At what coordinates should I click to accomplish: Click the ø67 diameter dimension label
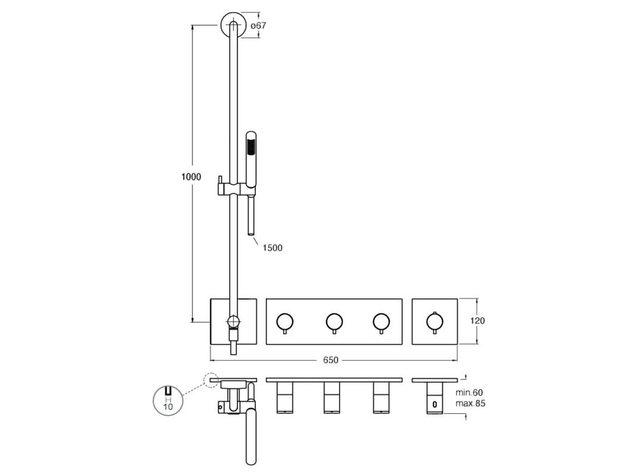point(258,25)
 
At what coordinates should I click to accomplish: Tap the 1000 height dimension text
point(191,177)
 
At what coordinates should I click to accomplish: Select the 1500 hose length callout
point(273,248)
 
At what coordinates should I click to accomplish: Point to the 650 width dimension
point(331,360)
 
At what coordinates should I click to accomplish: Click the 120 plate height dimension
point(477,321)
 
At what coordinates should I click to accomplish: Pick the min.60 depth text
point(469,392)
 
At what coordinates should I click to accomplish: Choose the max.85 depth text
point(470,403)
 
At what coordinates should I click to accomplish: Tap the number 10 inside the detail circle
point(168,406)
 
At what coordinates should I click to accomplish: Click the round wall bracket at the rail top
point(233,25)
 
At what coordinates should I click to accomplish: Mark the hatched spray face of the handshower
point(251,146)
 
